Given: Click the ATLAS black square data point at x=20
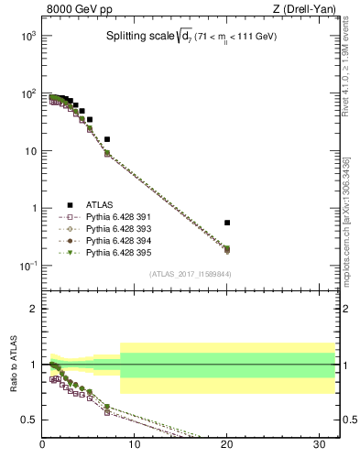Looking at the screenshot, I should pos(227,223).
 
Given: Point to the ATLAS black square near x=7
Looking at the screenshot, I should pos(107,139).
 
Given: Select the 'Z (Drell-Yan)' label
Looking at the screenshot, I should pos(309,9).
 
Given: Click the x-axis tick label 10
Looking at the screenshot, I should pos(135,445).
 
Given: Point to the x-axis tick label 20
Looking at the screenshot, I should pos(227,445).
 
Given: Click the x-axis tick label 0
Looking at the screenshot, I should pos(43,445).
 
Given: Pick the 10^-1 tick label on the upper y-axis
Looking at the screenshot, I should pos(27,266).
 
